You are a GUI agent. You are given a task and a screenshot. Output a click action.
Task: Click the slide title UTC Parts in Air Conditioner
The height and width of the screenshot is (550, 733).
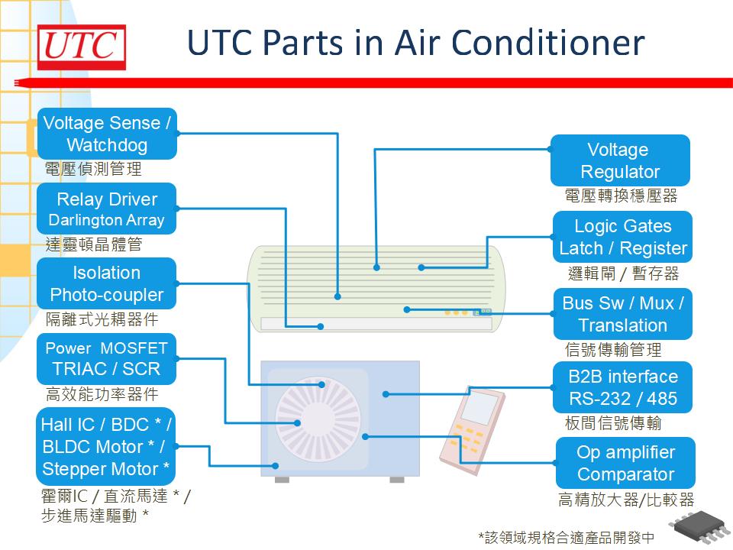tap(415, 44)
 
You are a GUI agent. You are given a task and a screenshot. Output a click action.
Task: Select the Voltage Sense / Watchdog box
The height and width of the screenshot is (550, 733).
tap(107, 134)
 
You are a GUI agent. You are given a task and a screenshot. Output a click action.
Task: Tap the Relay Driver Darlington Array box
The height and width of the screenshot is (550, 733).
tap(107, 209)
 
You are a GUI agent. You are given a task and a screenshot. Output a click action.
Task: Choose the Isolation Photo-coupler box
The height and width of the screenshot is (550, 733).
tap(107, 283)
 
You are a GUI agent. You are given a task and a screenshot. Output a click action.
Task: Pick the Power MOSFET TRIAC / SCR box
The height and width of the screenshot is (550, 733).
tap(107, 358)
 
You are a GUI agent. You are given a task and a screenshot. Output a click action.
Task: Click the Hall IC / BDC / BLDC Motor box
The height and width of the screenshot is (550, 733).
tap(107, 446)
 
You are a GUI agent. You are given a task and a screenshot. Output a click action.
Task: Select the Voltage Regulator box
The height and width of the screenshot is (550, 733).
tap(619, 160)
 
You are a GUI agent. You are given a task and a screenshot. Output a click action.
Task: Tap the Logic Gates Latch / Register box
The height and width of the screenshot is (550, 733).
tap(622, 237)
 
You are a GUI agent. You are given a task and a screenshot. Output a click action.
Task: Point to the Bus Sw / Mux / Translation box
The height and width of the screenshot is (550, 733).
tap(622, 314)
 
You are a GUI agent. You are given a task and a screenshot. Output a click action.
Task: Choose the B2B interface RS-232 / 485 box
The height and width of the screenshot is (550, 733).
tap(622, 387)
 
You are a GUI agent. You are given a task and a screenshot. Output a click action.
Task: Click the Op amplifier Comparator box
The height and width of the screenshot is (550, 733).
tap(625, 463)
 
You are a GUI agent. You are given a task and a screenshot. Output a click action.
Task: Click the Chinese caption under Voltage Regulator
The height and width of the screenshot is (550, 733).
tap(621, 196)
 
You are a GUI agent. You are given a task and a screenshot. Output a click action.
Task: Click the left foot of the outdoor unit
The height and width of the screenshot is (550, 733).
tap(282, 479)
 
